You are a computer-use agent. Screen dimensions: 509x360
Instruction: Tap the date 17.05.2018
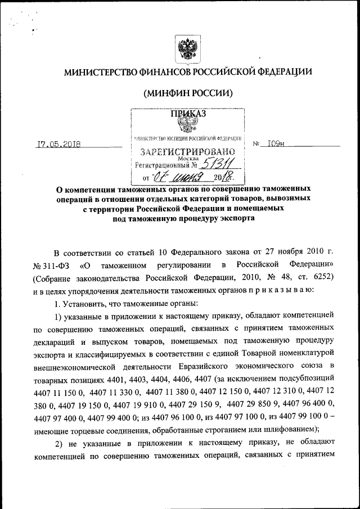click(x=58, y=144)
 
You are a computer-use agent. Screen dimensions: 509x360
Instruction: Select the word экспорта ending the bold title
click(x=227, y=219)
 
